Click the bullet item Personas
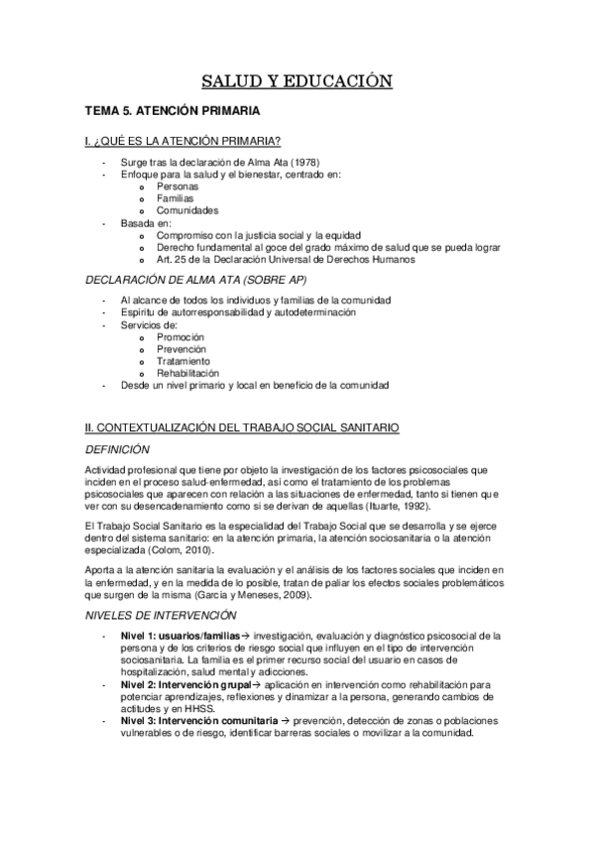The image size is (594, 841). [178, 186]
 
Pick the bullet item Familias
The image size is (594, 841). [176, 198]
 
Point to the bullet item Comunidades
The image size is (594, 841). [188, 210]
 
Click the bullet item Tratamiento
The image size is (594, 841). [183, 361]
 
